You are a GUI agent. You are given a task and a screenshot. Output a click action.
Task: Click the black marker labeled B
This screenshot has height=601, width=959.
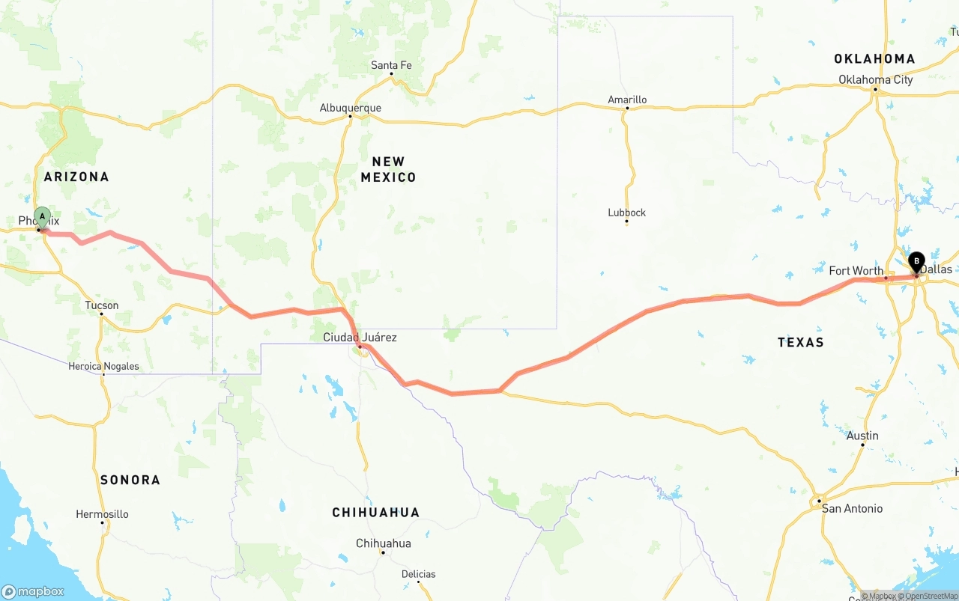(916, 262)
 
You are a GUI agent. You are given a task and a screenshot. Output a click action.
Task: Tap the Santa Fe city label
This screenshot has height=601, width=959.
(391, 66)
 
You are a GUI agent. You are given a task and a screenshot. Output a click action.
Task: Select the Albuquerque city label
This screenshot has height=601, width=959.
(350, 108)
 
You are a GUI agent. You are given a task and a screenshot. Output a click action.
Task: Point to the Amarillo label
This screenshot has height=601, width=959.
(627, 100)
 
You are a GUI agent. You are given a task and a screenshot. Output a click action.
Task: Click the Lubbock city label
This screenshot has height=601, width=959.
(626, 213)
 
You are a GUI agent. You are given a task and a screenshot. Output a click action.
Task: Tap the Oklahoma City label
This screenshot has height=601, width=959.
(875, 79)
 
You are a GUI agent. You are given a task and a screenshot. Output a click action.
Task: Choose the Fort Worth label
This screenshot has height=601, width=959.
(856, 271)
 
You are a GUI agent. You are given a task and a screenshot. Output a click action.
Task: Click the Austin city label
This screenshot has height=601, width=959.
(862, 436)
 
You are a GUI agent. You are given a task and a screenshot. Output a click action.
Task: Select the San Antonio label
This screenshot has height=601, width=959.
(852, 508)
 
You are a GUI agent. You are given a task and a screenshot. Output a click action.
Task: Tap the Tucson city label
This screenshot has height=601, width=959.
(101, 305)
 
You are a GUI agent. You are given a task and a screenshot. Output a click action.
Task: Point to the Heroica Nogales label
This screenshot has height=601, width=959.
(103, 366)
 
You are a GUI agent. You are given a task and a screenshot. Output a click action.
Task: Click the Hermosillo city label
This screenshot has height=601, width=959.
(102, 514)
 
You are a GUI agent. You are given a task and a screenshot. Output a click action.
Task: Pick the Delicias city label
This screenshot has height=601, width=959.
(418, 574)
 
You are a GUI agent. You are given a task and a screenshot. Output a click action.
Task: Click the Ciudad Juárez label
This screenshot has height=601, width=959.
(360, 338)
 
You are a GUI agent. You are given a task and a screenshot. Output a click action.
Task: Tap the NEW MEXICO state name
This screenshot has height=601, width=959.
(388, 169)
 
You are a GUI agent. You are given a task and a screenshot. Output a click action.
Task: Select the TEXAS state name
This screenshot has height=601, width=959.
(800, 342)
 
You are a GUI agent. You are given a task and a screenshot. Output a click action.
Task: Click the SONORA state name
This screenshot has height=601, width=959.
(130, 480)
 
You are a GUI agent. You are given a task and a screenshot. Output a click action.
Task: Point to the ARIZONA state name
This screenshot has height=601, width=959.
(76, 177)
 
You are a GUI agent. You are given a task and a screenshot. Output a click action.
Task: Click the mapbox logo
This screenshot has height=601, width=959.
(33, 591)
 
